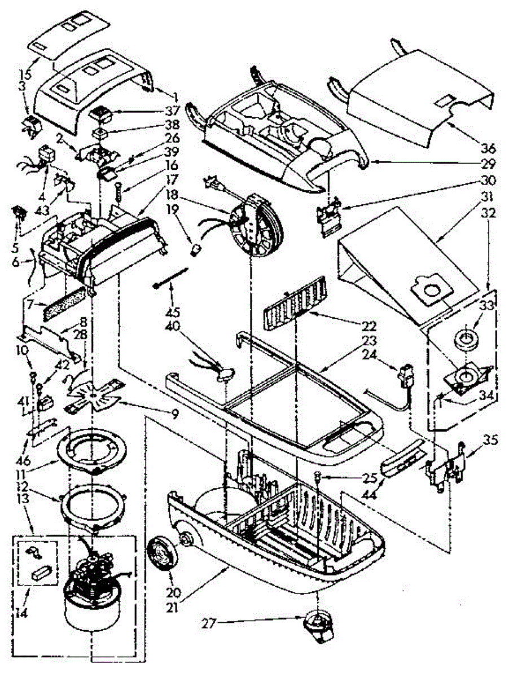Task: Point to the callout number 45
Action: (172, 312)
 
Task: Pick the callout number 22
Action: (369, 326)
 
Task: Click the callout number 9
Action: (174, 414)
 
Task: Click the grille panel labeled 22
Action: (295, 302)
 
